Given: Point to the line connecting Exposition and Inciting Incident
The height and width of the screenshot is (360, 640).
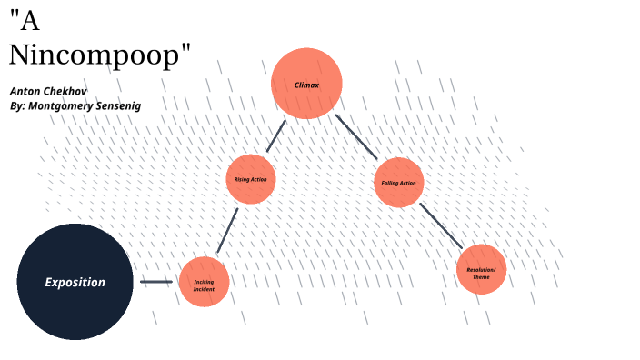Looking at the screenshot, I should tap(155, 282).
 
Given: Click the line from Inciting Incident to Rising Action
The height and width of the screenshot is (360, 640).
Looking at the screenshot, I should tap(227, 231).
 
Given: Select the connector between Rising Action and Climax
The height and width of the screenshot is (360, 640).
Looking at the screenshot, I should tap(275, 135).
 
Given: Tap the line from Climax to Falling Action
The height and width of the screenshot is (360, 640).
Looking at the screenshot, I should tap(355, 136).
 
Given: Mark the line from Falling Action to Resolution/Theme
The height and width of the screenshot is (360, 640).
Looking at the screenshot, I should tap(440, 225).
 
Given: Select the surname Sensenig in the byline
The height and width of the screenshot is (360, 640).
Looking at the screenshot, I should tap(115, 105).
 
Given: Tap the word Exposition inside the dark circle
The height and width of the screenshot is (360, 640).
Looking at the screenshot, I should tap(75, 282).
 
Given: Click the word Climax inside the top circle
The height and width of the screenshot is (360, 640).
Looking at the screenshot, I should tap(306, 85).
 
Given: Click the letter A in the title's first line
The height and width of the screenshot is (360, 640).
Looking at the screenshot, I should tap(28, 22).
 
